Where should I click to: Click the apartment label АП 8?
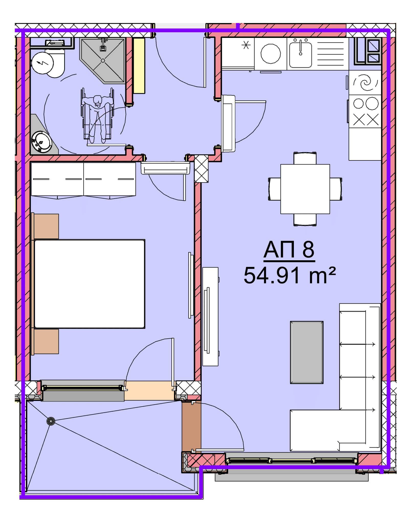pyautogui.click(x=289, y=250)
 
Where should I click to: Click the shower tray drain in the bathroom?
pyautogui.click(x=103, y=61)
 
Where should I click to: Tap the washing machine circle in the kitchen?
pyautogui.click(x=271, y=54)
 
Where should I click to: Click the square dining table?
pyautogui.click(x=305, y=189)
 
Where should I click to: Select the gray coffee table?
pyautogui.click(x=307, y=352)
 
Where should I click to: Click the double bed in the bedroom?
pyautogui.click(x=90, y=284)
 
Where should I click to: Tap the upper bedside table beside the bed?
pyautogui.click(x=45, y=226)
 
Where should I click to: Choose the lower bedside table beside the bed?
pyautogui.click(x=45, y=341)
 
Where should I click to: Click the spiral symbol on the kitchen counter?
pyautogui.click(x=365, y=82)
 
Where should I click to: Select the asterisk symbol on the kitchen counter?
pyautogui.click(x=246, y=46)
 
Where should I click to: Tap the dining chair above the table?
pyautogui.click(x=305, y=158)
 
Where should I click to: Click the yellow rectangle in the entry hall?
pyautogui.click(x=139, y=66)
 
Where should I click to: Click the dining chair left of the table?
pyautogui.click(x=274, y=189)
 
